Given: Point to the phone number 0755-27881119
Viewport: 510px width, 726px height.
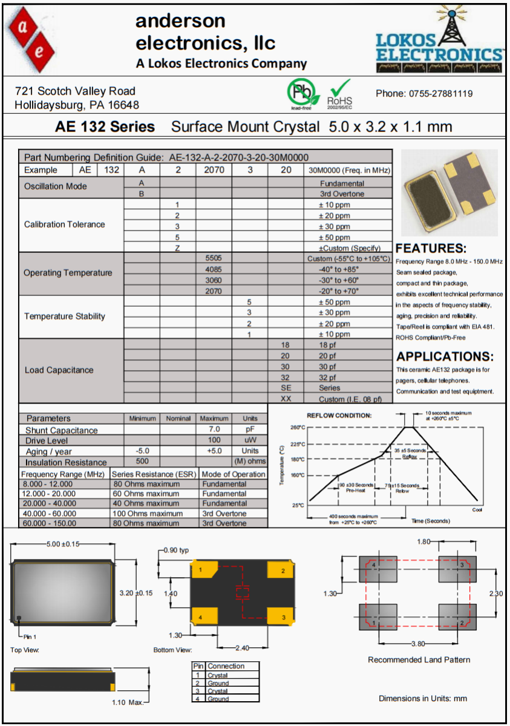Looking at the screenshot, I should click(424, 93).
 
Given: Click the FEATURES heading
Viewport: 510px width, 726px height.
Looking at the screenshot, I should click(431, 248).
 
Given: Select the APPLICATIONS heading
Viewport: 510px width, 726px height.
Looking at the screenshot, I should click(445, 356).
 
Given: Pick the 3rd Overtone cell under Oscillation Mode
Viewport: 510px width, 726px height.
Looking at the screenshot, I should click(342, 194).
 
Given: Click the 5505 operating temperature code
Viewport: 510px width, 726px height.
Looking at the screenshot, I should click(214, 258).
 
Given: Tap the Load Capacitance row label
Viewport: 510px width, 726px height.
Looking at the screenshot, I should click(59, 370).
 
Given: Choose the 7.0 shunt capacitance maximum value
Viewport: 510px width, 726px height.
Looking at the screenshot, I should click(214, 430).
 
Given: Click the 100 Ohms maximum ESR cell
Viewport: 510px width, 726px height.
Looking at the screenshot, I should click(148, 513).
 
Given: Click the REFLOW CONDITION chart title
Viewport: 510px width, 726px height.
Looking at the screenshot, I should click(339, 416).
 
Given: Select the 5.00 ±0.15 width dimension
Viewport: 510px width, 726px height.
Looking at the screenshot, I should click(64, 544).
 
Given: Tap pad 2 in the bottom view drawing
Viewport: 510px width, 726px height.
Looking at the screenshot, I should click(283, 571).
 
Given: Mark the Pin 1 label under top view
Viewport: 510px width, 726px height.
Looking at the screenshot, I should click(30, 636).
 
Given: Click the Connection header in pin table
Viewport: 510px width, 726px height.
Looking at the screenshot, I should click(226, 666).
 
